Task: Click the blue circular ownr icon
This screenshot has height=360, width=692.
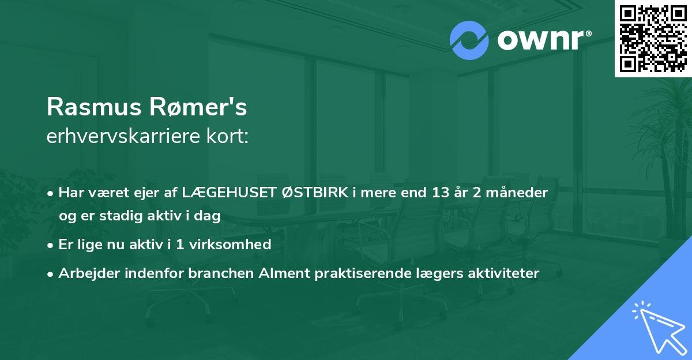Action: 469,40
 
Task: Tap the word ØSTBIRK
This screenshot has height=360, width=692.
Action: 314,193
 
